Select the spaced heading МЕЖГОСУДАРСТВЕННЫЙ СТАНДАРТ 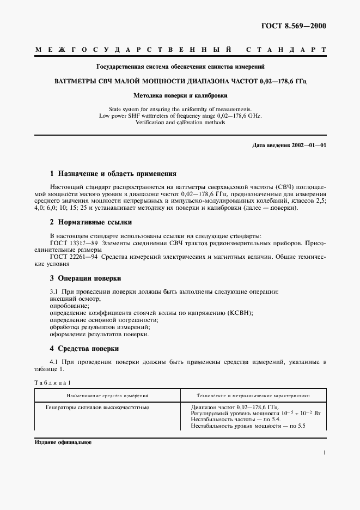(180, 50)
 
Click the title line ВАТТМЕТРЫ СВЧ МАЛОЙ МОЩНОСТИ (180, 81)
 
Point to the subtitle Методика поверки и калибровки (180, 95)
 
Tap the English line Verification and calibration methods (180, 122)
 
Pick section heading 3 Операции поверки (86, 277)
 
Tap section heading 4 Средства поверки (84, 348)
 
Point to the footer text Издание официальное (63, 442)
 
